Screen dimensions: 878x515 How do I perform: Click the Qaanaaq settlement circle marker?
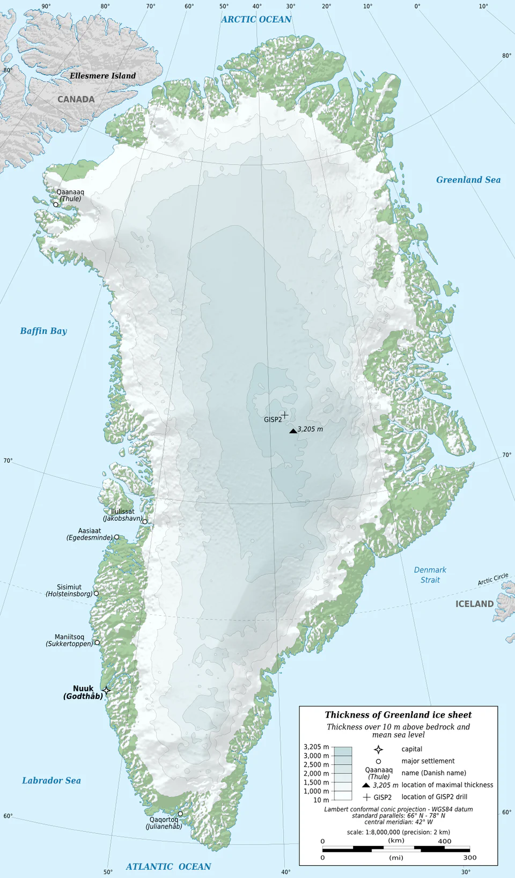tap(56, 204)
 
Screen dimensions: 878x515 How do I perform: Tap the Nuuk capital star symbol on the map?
tap(106, 690)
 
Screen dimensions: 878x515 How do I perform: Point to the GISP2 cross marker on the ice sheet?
tap(285, 415)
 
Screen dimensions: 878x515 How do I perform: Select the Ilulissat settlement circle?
tap(145, 521)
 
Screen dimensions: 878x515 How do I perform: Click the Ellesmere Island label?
tap(102, 76)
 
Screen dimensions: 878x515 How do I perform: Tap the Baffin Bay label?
tap(43, 331)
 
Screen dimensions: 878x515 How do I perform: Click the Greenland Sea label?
tap(468, 180)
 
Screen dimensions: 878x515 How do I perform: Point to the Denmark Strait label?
tap(430, 574)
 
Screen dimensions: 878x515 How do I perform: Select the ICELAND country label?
tap(474, 604)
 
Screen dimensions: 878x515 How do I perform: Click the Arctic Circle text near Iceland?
tap(492, 579)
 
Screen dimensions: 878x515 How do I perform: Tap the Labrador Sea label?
tap(51, 780)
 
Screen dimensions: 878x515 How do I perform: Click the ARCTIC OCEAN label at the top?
tap(256, 19)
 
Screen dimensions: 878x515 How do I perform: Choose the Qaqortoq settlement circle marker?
tap(180, 814)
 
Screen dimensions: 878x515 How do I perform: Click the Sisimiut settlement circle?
tap(96, 593)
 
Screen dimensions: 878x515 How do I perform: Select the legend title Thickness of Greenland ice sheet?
tap(398, 714)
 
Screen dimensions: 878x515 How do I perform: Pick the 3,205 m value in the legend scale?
tap(316, 747)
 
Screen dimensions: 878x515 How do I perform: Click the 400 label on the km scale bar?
tap(444, 841)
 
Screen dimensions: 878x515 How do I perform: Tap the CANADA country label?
tap(76, 99)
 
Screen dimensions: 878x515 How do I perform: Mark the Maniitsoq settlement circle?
tap(97, 642)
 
